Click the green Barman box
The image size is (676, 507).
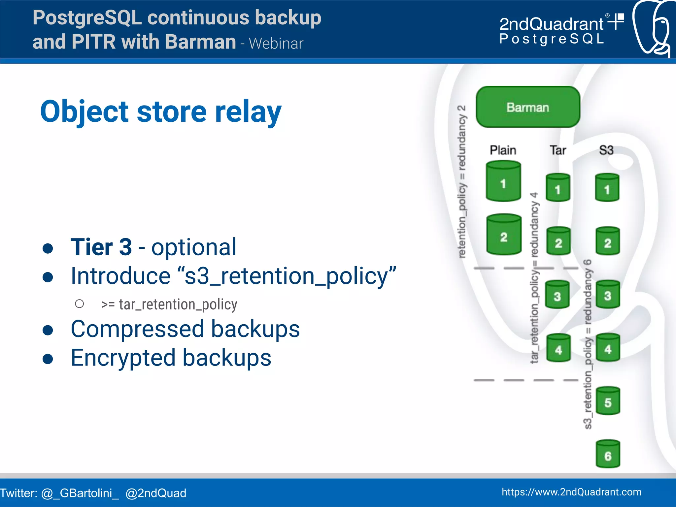tap(527, 107)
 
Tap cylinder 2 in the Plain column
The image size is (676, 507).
tap(504, 235)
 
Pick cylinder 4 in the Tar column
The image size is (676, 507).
tap(558, 348)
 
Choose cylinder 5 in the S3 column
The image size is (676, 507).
tap(608, 401)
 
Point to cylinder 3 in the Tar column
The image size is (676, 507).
tap(557, 294)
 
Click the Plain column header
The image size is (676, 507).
tap(503, 150)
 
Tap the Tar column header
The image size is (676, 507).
tap(558, 150)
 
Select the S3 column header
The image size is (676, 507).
tap(606, 150)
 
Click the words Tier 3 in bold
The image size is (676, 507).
tap(101, 247)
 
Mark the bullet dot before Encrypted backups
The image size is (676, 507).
tap(48, 359)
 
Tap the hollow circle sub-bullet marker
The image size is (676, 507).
tap(79, 304)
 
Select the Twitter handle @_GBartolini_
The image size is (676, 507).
tap(80, 493)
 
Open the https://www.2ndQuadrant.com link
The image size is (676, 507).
tap(571, 492)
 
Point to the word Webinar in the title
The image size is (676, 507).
tap(276, 44)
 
